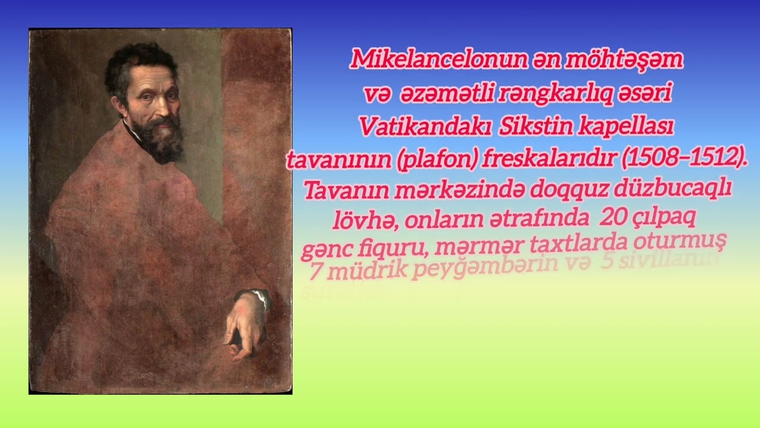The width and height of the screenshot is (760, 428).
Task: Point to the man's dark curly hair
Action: coord(140,62)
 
